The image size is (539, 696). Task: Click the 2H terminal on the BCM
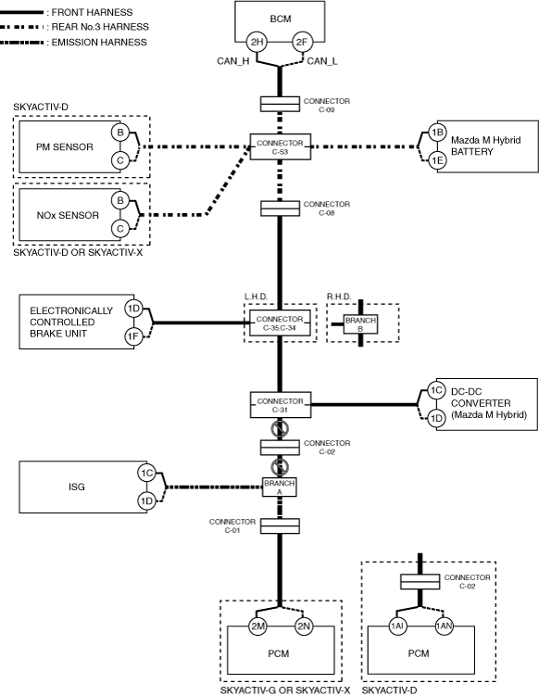pyautogui.click(x=257, y=43)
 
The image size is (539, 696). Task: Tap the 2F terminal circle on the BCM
pyautogui.click(x=302, y=43)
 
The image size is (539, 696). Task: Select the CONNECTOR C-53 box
pyautogui.click(x=281, y=147)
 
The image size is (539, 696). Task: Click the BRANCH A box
pyautogui.click(x=280, y=487)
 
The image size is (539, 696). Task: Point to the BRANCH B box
pyautogui.click(x=360, y=324)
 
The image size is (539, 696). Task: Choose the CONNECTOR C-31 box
pyautogui.click(x=281, y=405)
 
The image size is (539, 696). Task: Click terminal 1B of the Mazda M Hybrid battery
pyautogui.click(x=437, y=133)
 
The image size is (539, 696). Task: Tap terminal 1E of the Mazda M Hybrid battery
pyautogui.click(x=437, y=160)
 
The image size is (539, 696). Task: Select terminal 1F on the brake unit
pyautogui.click(x=133, y=336)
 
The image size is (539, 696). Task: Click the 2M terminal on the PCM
pyautogui.click(x=257, y=626)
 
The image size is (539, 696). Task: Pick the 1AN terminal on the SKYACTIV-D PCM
pyautogui.click(x=444, y=626)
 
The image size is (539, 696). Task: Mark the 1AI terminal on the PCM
pyautogui.click(x=397, y=626)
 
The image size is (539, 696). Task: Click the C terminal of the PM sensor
pyautogui.click(x=119, y=160)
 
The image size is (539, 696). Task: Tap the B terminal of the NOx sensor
pyautogui.click(x=119, y=200)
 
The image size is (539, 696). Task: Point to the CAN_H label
pyautogui.click(x=232, y=61)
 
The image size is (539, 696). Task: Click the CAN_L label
pyautogui.click(x=322, y=61)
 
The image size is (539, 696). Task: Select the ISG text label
pyautogui.click(x=76, y=487)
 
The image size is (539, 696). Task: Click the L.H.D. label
pyautogui.click(x=256, y=297)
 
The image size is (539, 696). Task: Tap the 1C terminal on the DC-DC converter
pyautogui.click(x=436, y=390)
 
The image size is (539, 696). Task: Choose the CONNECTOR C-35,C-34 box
pyautogui.click(x=280, y=323)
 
